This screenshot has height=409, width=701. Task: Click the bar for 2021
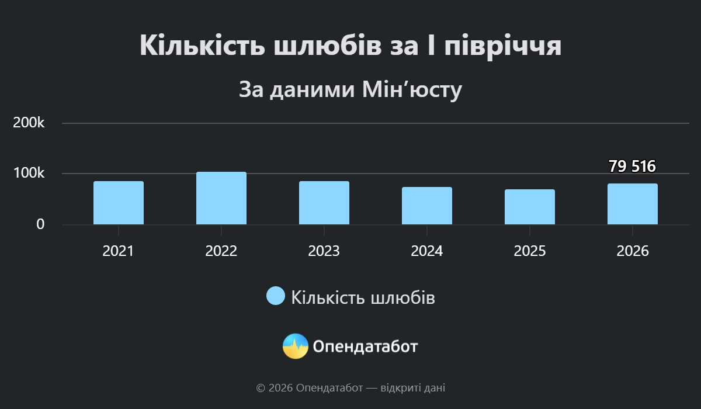tap(119, 203)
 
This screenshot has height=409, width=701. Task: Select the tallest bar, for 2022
tap(221, 198)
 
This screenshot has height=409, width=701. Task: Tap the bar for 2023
tap(324, 203)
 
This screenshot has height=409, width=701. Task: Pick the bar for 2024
tap(427, 206)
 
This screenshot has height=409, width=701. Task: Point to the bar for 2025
tap(530, 207)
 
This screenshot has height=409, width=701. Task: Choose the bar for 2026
tap(633, 204)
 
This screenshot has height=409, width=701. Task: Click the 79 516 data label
tap(632, 166)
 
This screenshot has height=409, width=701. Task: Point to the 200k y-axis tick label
tap(29, 122)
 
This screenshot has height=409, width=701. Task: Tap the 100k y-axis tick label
tap(29, 173)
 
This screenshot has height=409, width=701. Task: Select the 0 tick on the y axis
tap(40, 224)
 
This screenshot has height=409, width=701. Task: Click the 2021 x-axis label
tap(118, 251)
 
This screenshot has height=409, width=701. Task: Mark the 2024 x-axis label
tap(427, 251)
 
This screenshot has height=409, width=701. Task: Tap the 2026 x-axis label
tap(633, 251)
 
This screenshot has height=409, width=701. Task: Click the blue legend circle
tap(276, 296)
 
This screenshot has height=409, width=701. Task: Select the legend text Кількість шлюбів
tap(363, 297)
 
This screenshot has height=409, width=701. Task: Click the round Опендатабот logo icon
tap(296, 346)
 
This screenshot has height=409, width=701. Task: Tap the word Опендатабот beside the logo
tap(365, 346)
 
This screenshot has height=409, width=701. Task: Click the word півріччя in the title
tap(503, 46)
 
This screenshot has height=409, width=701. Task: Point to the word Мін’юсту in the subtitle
tap(412, 90)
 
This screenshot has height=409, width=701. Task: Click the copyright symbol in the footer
tap(261, 389)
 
